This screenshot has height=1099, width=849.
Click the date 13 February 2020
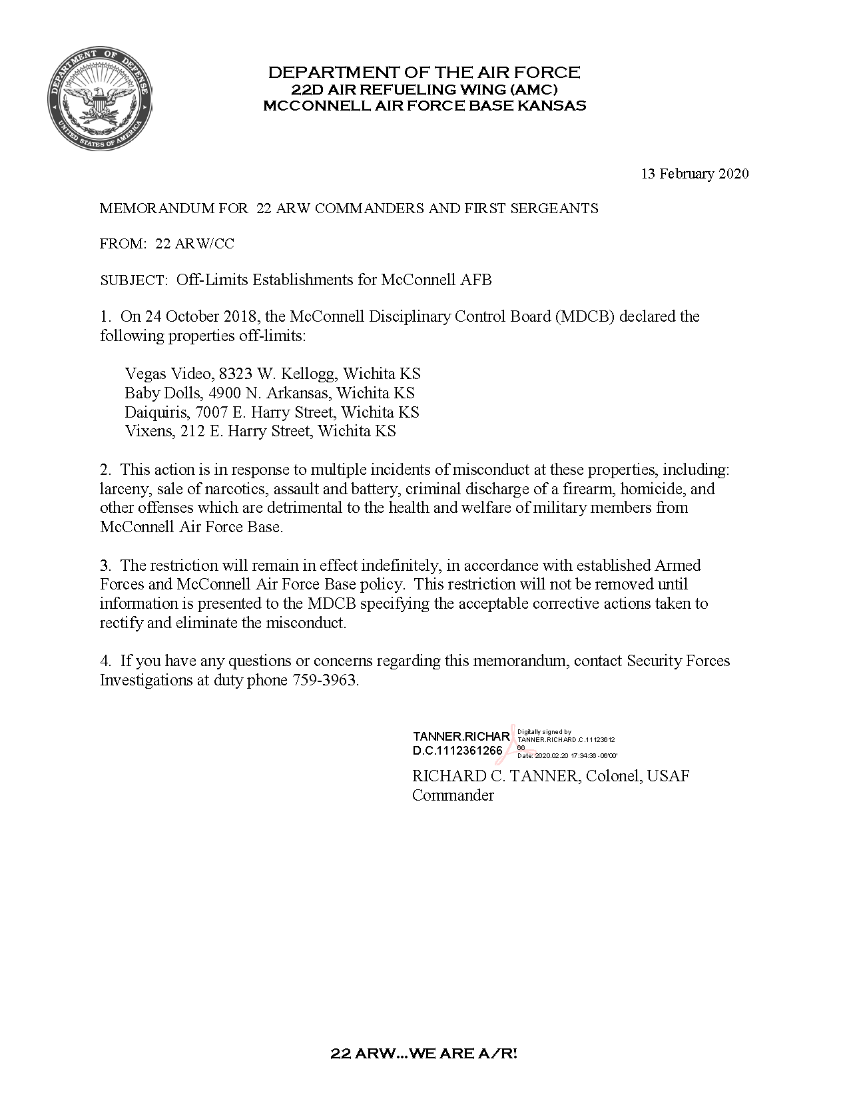click(695, 174)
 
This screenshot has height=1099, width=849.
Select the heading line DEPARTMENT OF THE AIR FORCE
click(424, 72)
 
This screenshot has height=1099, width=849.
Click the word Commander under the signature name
click(453, 795)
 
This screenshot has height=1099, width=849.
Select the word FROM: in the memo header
click(123, 244)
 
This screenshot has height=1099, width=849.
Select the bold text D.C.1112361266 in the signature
click(457, 751)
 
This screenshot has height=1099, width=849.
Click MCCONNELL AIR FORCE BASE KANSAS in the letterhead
click(424, 105)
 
